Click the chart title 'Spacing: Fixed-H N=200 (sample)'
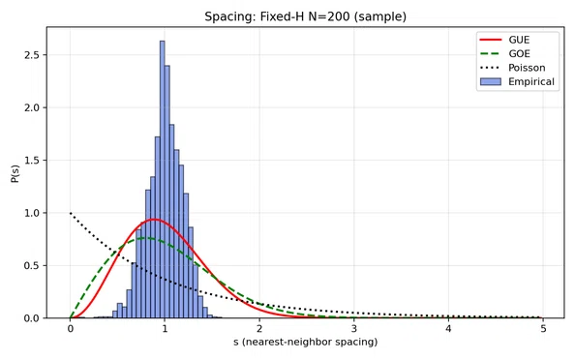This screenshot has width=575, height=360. (x=305, y=16)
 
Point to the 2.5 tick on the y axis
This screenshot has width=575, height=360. (x=32, y=55)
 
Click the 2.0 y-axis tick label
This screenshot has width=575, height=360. (x=32, y=107)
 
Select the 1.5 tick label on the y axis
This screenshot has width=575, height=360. (x=32, y=161)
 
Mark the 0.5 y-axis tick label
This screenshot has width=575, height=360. (x=32, y=265)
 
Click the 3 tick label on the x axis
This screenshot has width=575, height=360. (x=354, y=328)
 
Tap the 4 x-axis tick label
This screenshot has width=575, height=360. (x=448, y=328)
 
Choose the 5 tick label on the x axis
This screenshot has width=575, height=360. (x=543, y=328)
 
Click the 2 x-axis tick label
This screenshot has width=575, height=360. (x=259, y=328)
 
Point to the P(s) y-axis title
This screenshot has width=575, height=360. (x=15, y=173)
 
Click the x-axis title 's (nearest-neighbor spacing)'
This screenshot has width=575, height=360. (x=306, y=342)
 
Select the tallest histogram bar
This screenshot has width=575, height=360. (x=162, y=179)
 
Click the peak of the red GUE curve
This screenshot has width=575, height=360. (x=154, y=220)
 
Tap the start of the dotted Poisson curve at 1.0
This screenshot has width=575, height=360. (x=71, y=213)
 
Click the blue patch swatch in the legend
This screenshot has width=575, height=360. (x=491, y=81)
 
